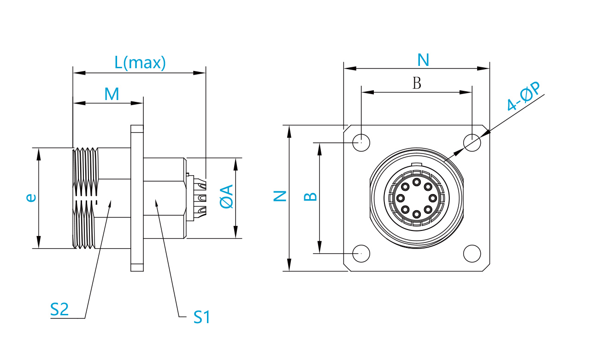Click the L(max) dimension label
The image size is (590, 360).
140,63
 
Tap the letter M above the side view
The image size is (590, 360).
112,94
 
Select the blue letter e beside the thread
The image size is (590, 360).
31,198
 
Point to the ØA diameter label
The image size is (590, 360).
226,196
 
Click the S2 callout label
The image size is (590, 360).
59,309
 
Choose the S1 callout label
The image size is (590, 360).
202,317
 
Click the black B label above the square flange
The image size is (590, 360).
417,83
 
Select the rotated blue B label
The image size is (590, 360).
311,196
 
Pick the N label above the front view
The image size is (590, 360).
423,60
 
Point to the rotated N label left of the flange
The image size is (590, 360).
280,196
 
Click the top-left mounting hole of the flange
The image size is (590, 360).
361,143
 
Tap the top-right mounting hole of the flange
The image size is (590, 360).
472,143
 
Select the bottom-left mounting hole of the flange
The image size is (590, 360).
361,253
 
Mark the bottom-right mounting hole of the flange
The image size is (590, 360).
472,253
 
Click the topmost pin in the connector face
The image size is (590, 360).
417,182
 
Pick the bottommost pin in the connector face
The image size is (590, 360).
417,214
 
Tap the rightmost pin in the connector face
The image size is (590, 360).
433,198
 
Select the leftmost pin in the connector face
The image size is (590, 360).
401,198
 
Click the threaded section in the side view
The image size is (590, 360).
86,198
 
